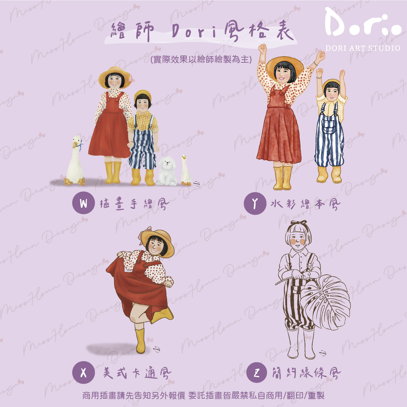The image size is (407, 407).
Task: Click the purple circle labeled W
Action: pyautogui.click(x=83, y=203)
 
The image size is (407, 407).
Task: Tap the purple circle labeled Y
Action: pyautogui.click(x=255, y=204)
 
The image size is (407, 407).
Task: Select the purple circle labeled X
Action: pyautogui.click(x=83, y=373)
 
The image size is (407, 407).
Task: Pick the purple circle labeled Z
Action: pyautogui.click(x=257, y=373)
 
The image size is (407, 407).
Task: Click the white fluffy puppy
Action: pyautogui.click(x=167, y=171)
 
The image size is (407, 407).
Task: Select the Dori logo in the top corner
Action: pyautogui.click(x=363, y=23)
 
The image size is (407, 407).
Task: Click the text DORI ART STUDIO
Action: pyautogui.click(x=363, y=48)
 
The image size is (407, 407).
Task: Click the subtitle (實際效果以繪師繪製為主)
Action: pyautogui.click(x=201, y=59)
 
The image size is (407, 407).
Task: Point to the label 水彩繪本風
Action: pyautogui.click(x=305, y=204)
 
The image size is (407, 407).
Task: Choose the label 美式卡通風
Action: pyautogui.click(x=137, y=373)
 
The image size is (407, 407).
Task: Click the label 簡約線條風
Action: pyautogui.click(x=306, y=373)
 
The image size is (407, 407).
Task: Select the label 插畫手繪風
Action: pyautogui.click(x=134, y=204)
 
